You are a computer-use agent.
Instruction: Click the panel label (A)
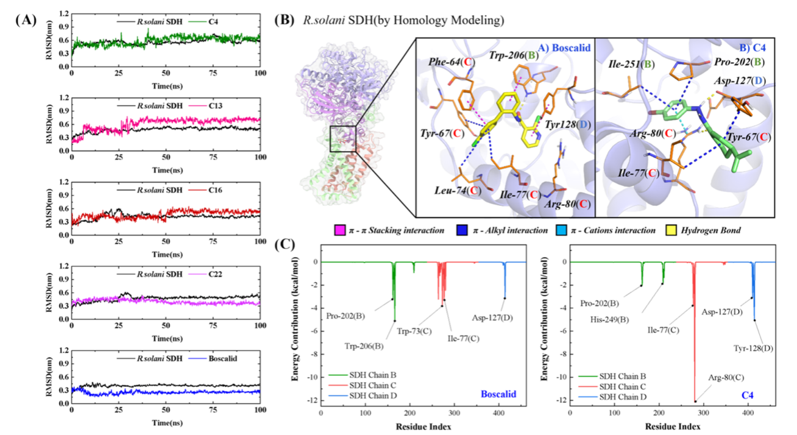coord(26,19)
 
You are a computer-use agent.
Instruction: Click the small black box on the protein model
coord(342,138)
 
